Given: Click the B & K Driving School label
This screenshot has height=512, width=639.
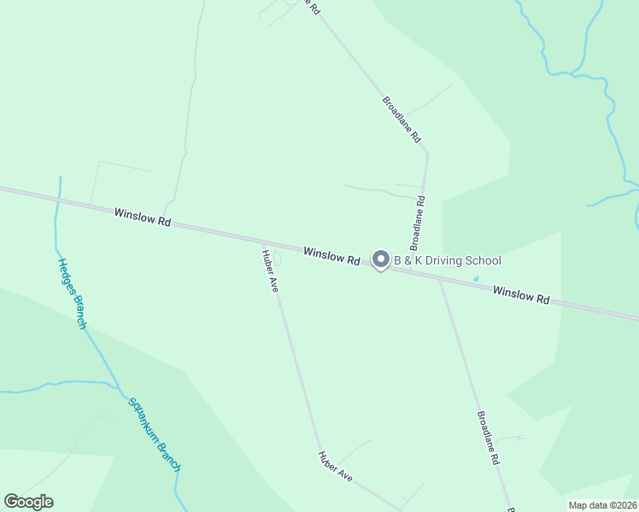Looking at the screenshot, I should (x=447, y=260).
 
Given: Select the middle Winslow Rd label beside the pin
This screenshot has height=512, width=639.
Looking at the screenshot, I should (x=331, y=255).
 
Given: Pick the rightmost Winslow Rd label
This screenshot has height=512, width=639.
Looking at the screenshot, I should (x=520, y=296).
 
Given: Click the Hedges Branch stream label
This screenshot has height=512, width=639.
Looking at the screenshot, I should (x=72, y=294).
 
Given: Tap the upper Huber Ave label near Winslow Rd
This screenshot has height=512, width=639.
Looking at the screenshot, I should (x=271, y=271).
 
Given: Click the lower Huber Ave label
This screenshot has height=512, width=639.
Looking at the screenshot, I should (x=335, y=467).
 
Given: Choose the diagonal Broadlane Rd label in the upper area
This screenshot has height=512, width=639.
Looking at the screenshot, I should (x=402, y=119).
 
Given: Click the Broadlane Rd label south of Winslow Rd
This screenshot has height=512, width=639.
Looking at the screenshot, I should (x=487, y=437).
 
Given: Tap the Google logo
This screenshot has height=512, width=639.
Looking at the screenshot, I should (x=28, y=502).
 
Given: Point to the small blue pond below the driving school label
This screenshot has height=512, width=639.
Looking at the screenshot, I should (x=476, y=278).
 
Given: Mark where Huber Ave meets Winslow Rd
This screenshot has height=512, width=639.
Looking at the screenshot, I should (x=262, y=243).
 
